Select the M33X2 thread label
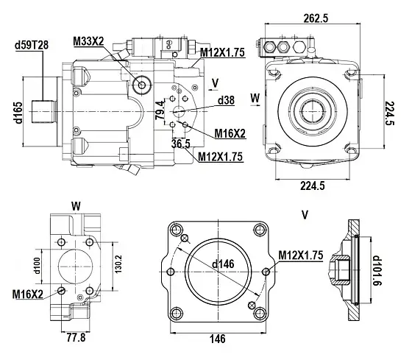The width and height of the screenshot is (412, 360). pyautogui.click(x=88, y=40)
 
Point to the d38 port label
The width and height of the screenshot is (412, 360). pyautogui.click(x=225, y=99)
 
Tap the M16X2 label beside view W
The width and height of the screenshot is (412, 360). pyautogui.click(x=28, y=294)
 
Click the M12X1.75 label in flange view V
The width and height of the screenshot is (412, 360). pyautogui.click(x=301, y=255)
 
